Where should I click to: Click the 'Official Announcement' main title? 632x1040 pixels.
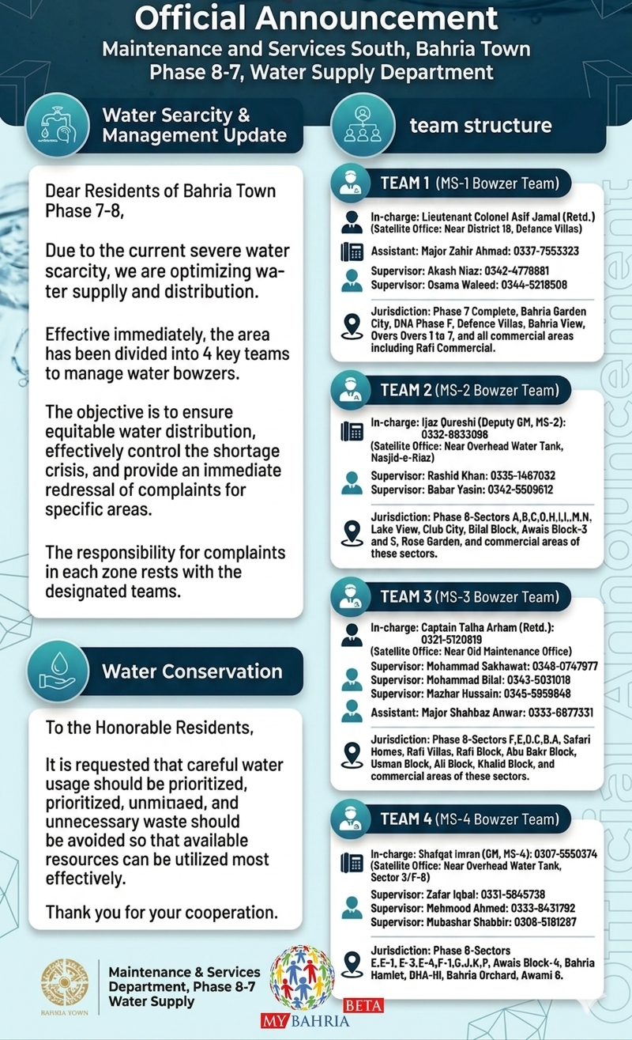[315, 18]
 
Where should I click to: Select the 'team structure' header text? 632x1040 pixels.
[480, 125]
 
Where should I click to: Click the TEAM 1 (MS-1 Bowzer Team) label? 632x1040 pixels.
[469, 183]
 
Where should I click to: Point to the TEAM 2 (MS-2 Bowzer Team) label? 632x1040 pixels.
[469, 390]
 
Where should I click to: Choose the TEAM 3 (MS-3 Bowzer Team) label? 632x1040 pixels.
[469, 596]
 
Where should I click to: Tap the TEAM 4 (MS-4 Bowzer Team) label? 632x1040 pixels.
[469, 819]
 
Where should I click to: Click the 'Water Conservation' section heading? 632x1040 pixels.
[192, 671]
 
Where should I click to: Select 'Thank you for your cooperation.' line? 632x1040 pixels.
[162, 912]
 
